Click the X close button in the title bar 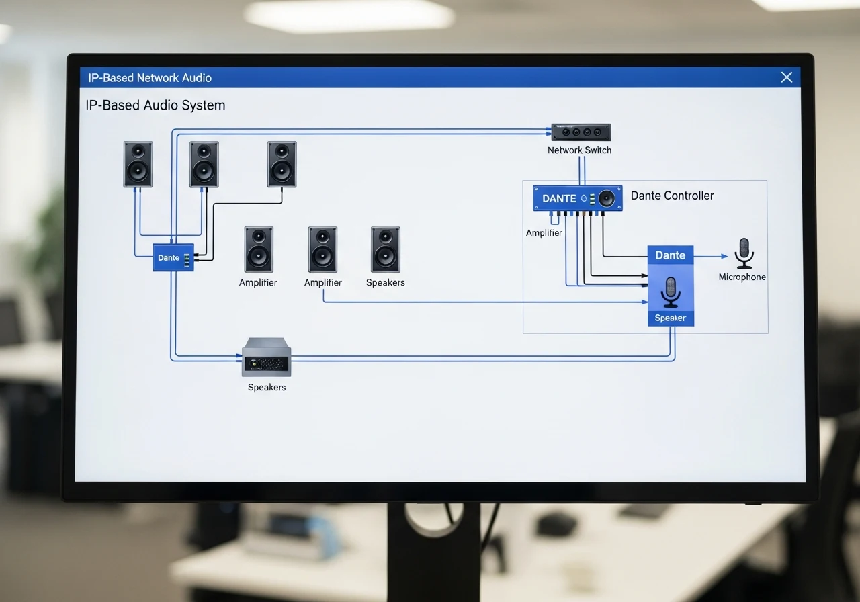[787, 77]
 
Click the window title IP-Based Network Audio [150, 77]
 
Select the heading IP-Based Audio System [155, 105]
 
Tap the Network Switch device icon [581, 132]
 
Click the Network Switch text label [579, 150]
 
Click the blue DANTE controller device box [577, 198]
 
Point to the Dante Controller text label [673, 196]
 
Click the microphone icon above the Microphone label [744, 253]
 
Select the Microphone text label [742, 277]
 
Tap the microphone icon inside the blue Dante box [671, 292]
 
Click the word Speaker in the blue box [671, 318]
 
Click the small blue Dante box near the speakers [173, 257]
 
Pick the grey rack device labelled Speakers [267, 357]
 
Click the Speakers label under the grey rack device [267, 387]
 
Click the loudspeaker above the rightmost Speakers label [386, 249]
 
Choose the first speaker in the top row [138, 165]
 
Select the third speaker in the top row [282, 165]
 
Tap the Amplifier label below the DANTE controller [544, 232]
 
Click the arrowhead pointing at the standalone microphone [724, 256]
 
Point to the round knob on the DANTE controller [607, 198]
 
